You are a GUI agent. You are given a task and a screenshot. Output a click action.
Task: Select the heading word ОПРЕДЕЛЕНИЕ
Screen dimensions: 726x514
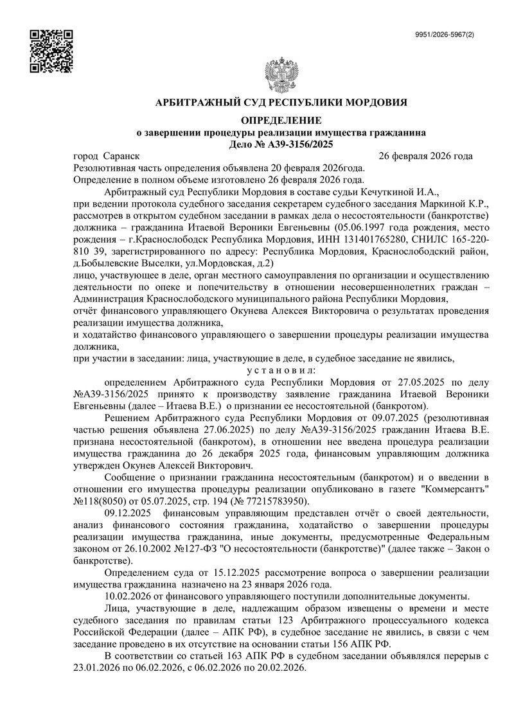pyautogui.click(x=281, y=121)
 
